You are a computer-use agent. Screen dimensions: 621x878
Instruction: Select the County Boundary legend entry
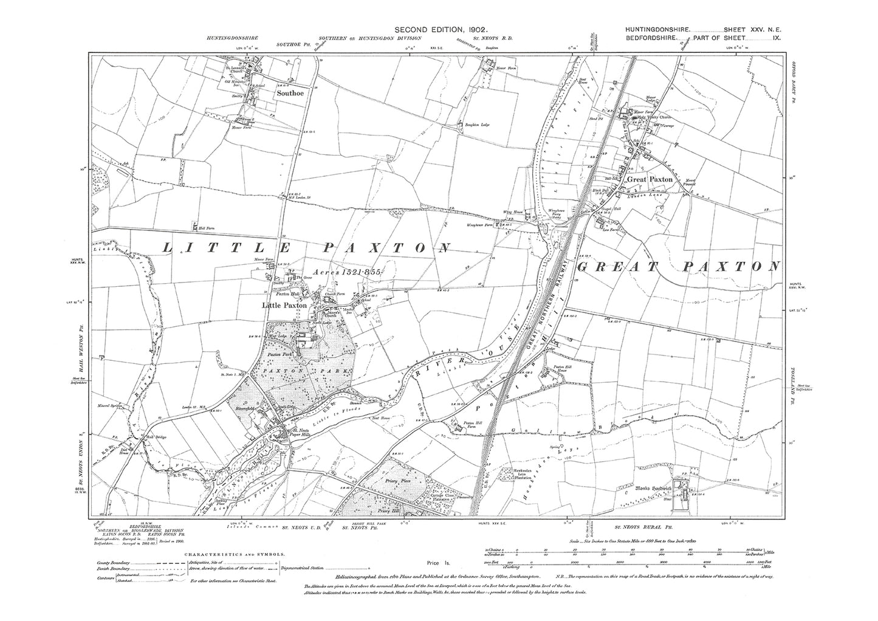tap(112, 563)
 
